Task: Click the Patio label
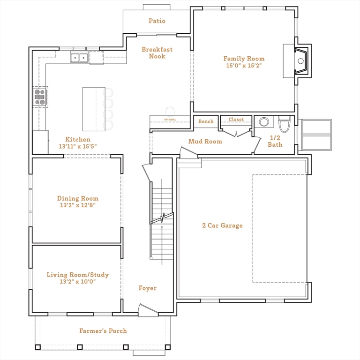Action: [x=157, y=21]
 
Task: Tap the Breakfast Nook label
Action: [x=157, y=52]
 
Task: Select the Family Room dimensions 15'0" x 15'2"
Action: [x=244, y=66]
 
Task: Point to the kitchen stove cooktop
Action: [x=40, y=97]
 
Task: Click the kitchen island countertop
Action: [x=94, y=109]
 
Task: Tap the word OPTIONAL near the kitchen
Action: [x=170, y=120]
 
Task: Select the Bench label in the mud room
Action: [x=206, y=121]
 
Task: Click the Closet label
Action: [x=236, y=120]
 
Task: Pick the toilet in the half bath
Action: [x=285, y=124]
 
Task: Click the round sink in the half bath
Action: [x=264, y=122]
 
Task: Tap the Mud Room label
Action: [x=205, y=141]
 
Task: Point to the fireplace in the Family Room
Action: [x=301, y=61]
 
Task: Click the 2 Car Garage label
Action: [x=222, y=225]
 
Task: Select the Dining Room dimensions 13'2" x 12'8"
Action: [x=78, y=205]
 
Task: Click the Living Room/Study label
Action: [x=78, y=275]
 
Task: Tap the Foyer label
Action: [x=148, y=288]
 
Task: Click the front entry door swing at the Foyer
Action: [x=148, y=310]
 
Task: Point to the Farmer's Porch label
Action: [x=103, y=331]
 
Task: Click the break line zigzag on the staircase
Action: [x=162, y=218]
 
